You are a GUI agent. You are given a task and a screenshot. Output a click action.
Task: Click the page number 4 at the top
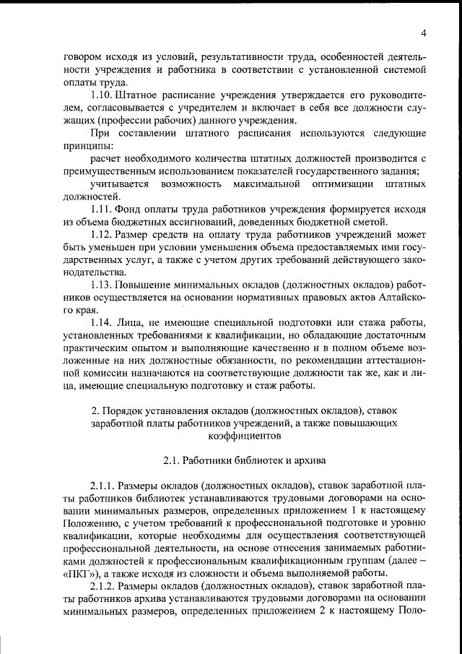[424, 33]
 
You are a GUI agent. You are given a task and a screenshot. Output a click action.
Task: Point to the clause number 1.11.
[103, 209]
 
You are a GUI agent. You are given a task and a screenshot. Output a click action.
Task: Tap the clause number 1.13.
[103, 285]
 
